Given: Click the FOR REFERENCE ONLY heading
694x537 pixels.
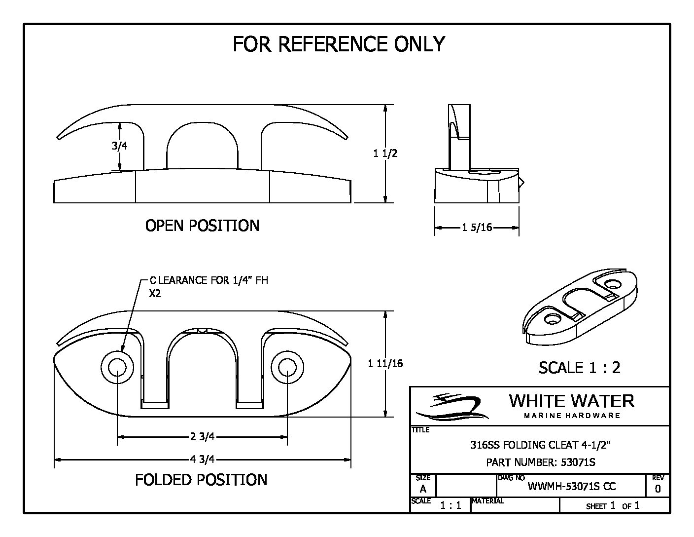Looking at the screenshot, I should pos(339,44).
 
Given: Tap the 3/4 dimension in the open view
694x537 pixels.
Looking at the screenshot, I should pos(116,146).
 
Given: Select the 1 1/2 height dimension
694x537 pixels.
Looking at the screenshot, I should pos(385,153).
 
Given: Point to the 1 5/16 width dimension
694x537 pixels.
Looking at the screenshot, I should pos(477,228).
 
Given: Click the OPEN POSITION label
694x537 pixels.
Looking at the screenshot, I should pos(202,226).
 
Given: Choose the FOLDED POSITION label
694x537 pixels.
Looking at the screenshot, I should pos(201,480).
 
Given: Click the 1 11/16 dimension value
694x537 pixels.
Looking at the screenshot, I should pos(385,364).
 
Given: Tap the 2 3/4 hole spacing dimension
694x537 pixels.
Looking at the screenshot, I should pos(202,436).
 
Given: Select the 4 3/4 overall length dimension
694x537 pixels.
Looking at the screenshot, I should pos(202,460).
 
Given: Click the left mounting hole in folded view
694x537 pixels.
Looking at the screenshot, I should pos(117,367).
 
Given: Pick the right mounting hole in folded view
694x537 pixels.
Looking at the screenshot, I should pos(287,367).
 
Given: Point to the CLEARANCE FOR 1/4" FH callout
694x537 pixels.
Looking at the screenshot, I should pos(208,280).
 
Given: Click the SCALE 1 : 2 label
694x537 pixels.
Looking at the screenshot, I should pos(579,367).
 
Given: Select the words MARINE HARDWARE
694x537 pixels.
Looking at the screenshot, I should pos(572,416).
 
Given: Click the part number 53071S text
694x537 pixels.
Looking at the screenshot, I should pos(541,462).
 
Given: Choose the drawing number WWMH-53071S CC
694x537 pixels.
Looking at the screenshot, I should pos(572,487).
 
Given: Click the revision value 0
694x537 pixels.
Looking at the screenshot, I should pos(658,489).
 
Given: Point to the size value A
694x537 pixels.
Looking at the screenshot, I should pos(423,489).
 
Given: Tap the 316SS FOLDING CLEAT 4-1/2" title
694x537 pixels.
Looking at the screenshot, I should pos(541,445).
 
